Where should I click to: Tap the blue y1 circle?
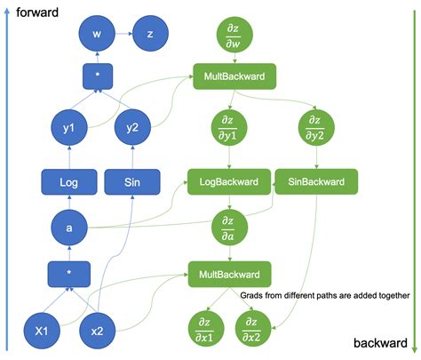69,128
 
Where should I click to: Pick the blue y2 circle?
132,128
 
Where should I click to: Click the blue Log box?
69,183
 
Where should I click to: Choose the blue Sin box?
132,183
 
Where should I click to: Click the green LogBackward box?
228,183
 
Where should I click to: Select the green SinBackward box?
315,183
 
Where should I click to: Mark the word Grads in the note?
255,296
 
